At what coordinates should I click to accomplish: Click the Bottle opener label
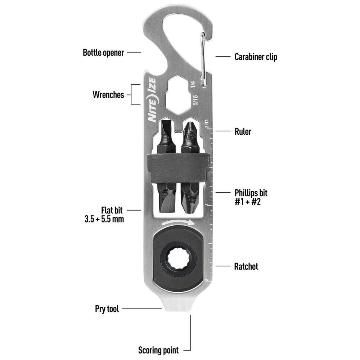tap(103, 53)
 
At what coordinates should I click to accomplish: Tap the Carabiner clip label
tap(256, 57)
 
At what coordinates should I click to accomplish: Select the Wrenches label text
tap(108, 95)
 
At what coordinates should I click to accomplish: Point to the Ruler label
tap(243, 131)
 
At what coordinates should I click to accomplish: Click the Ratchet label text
tap(246, 266)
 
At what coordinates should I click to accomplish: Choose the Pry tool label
tap(107, 309)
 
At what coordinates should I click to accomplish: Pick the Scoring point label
tap(158, 350)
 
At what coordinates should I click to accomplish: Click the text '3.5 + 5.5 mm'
tap(104, 219)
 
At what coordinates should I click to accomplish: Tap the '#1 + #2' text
tap(248, 202)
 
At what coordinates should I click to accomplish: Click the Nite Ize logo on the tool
tap(152, 100)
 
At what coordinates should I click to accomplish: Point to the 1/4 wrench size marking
tap(193, 84)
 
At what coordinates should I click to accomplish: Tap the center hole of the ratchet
tap(178, 257)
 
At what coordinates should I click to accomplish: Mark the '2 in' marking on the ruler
tap(206, 123)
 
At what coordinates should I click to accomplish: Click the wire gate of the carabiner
tap(203, 60)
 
